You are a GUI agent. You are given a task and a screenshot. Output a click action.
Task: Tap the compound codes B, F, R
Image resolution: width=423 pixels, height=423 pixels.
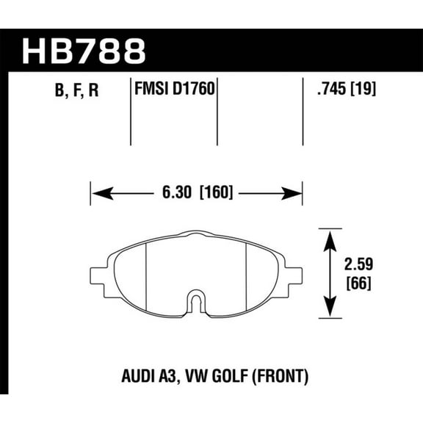[76, 92]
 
